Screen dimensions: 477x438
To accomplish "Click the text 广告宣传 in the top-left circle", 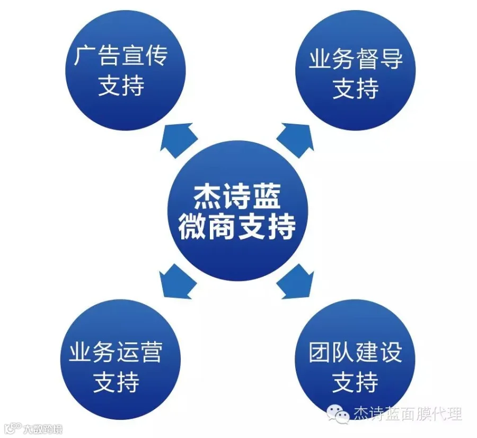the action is coord(121,55).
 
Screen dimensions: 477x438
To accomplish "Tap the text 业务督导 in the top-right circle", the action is coord(356,59).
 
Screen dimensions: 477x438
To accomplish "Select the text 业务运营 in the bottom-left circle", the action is coord(116,353).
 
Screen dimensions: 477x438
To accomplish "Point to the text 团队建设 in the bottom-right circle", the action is coord(356,353).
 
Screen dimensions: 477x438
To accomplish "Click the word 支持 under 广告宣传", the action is coord(121,85).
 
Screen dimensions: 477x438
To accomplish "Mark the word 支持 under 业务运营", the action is coord(116,382).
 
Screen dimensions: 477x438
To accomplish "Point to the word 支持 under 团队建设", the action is coord(356,382).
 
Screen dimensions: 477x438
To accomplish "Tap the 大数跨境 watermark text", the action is coord(42,428).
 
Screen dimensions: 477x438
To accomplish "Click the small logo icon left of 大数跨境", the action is coord(12,427).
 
